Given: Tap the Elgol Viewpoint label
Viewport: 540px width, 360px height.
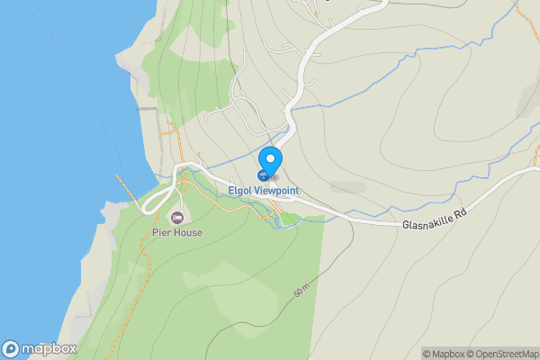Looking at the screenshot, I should click(264, 192).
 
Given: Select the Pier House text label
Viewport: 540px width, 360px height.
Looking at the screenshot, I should click(176, 232).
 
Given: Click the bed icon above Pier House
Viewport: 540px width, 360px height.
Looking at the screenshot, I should click(176, 217).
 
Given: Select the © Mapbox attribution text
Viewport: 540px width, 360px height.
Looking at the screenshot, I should click(446, 354).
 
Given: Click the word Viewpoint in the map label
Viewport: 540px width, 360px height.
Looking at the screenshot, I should click(276, 192).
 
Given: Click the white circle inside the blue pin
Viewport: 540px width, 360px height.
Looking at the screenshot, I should click(270, 157).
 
